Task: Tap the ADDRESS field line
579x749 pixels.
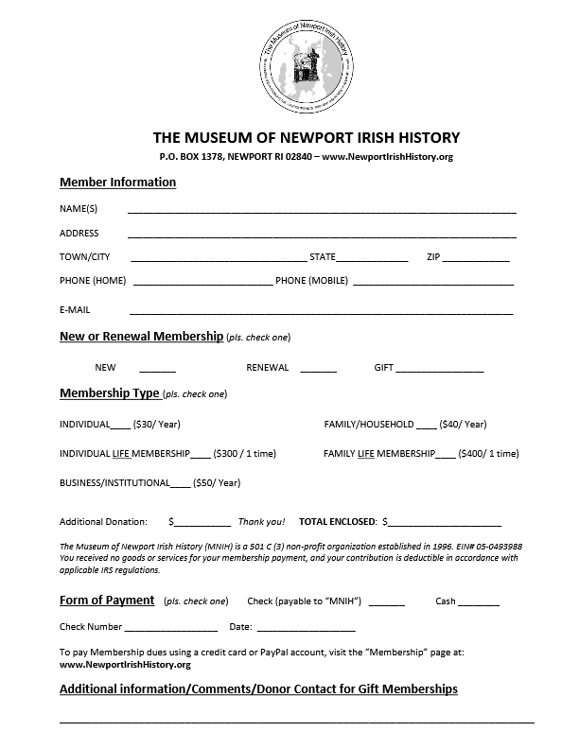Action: [x=322, y=235]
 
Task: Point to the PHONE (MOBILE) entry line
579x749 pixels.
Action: [x=433, y=284]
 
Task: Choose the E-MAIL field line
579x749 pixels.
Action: [x=322, y=312]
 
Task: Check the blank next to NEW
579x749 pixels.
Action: [x=158, y=370]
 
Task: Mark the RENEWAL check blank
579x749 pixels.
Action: [x=319, y=370]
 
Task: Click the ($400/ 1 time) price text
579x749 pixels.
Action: [x=489, y=454]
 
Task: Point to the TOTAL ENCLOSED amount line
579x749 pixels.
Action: [x=445, y=524]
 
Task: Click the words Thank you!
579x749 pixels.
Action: [x=261, y=522]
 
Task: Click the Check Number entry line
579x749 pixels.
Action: [x=171, y=629]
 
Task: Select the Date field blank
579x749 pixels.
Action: [x=306, y=629]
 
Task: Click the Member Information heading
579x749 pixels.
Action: [x=117, y=183]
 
